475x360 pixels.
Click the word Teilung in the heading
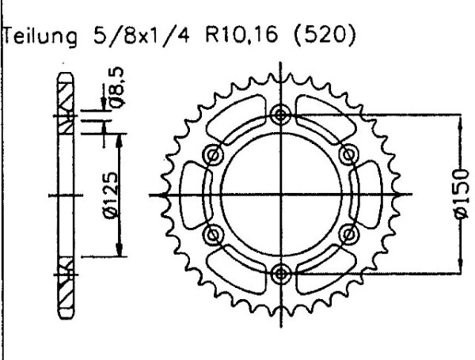[40, 37]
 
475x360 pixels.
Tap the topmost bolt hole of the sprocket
[279, 116]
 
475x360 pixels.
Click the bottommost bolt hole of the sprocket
[279, 274]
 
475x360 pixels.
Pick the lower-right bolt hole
[347, 234]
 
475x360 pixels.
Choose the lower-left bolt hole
[211, 234]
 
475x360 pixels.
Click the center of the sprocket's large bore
[279, 195]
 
